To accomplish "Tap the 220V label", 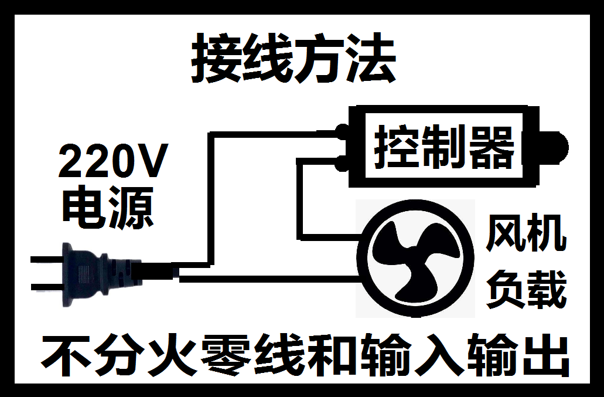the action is point(113,162).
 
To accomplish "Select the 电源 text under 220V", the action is point(108,208).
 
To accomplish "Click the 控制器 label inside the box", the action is point(444,147).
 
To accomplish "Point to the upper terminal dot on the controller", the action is point(342,133).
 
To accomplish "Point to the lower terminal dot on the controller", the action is point(342,162).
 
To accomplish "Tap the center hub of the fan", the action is point(415,259).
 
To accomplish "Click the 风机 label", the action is point(526,235).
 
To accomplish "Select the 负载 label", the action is point(526,289).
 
